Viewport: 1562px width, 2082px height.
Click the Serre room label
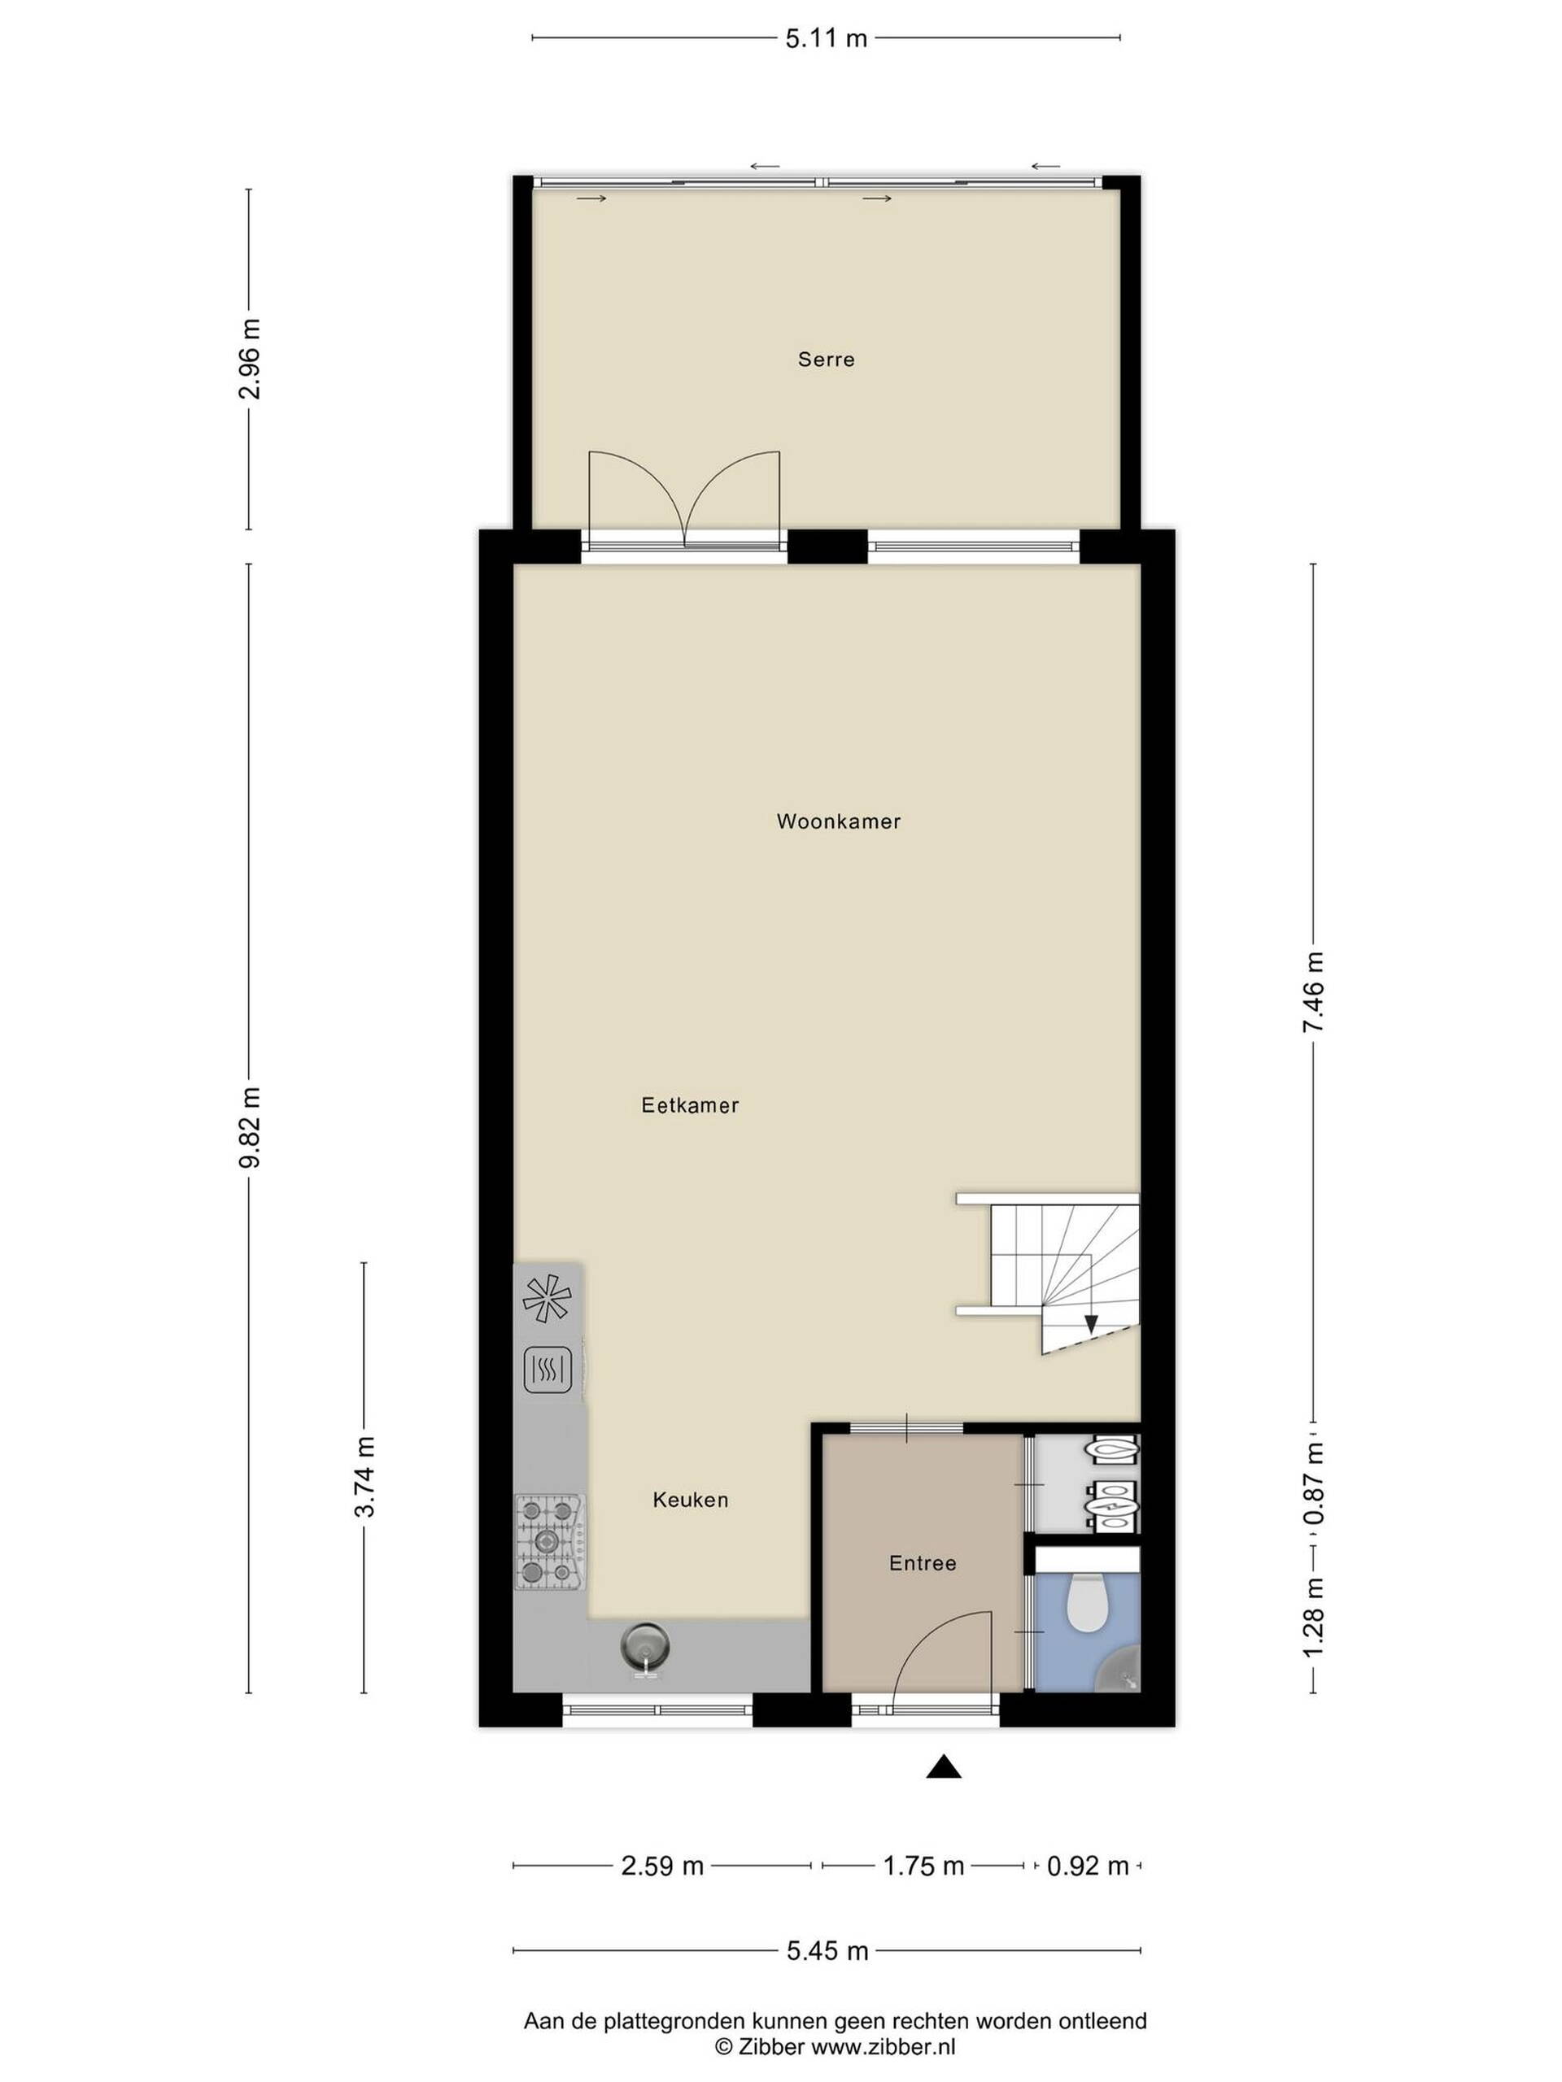826,359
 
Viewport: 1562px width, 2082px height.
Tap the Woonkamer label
838,821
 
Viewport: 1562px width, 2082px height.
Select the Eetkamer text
690,1105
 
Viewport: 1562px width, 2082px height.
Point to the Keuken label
690,1500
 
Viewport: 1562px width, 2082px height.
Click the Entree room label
923,1562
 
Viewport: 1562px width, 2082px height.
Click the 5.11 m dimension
826,38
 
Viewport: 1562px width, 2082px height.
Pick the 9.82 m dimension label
250,1126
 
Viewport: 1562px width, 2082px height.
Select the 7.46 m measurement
1312,992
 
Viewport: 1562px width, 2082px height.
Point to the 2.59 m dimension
662,1866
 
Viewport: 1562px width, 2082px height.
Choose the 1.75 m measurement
923,1866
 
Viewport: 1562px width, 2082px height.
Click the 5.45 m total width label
827,1951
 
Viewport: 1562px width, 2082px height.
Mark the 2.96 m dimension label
250,359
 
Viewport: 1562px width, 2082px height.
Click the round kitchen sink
645,1646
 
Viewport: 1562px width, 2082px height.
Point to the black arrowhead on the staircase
1090,1323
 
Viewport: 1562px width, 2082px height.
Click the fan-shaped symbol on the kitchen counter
547,1298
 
